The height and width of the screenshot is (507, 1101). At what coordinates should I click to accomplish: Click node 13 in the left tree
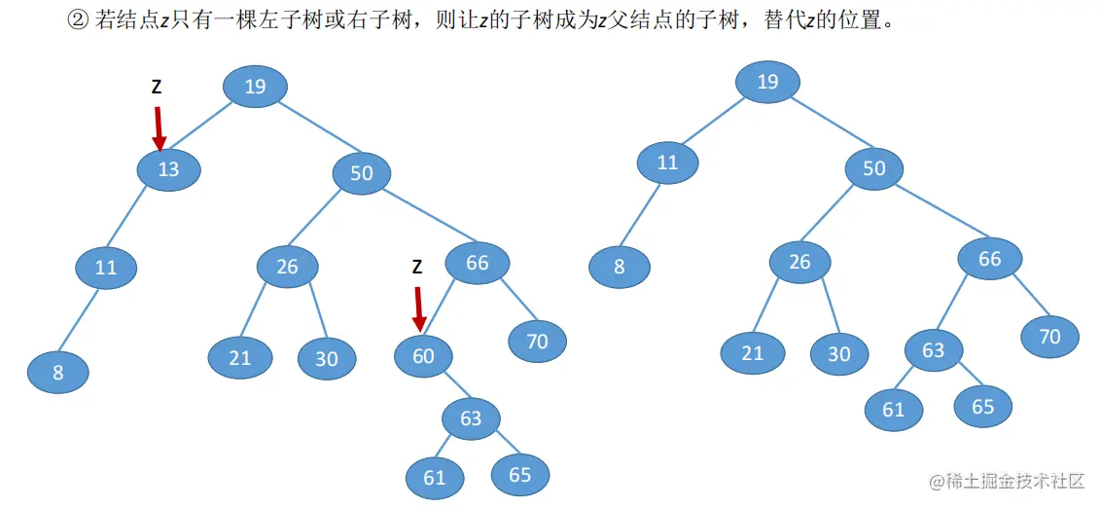[169, 169]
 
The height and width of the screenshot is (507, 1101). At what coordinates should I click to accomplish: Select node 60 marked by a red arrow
[424, 356]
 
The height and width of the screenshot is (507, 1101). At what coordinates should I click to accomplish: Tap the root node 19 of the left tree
[255, 87]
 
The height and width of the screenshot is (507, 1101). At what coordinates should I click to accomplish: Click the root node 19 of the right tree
[767, 81]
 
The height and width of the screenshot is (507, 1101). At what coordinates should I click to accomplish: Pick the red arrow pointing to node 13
[160, 128]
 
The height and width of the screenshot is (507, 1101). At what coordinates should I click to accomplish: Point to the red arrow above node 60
[418, 308]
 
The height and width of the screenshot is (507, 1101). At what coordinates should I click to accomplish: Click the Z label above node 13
[157, 87]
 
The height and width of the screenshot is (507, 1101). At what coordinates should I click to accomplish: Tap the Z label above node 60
[417, 267]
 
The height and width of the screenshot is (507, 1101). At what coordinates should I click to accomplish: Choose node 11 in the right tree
[667, 163]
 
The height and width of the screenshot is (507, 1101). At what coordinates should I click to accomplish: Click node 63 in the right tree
[934, 350]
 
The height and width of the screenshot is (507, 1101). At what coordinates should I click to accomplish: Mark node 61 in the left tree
[435, 477]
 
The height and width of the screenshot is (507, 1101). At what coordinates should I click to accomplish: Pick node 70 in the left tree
[537, 341]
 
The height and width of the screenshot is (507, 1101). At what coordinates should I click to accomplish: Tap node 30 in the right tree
[839, 354]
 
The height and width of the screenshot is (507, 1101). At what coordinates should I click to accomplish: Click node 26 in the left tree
[288, 266]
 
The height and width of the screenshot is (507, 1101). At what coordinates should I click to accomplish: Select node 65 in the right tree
[983, 406]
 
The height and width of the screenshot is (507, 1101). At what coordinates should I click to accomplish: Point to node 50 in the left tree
[362, 173]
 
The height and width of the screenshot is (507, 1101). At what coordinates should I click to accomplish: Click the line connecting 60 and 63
[448, 387]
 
